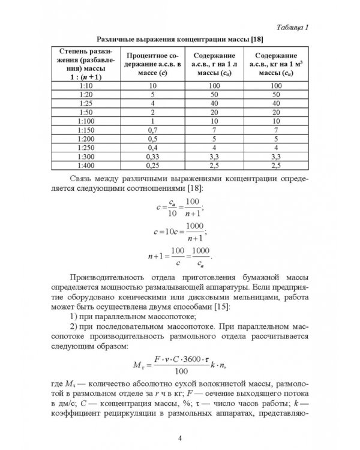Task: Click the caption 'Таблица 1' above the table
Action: (290, 29)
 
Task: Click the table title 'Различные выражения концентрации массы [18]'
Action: (179, 38)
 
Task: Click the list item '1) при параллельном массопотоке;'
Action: (139, 316)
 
